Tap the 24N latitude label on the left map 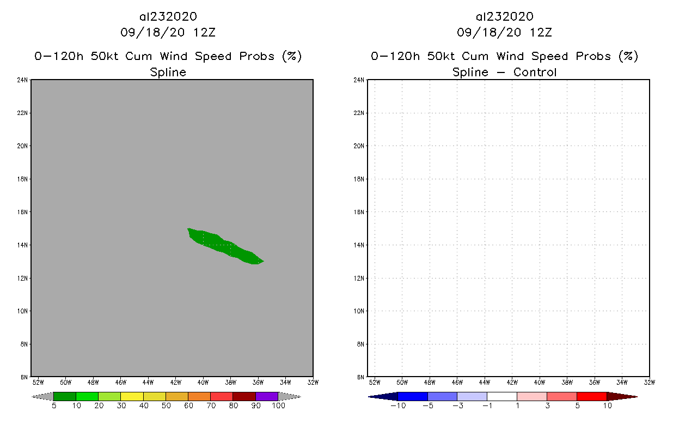pyautogui.click(x=22, y=80)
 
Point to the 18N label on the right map pyautogui.click(x=359, y=179)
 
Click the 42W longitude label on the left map pyautogui.click(x=175, y=382)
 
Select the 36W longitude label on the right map pyautogui.click(x=595, y=382)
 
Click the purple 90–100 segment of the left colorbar pyautogui.click(x=267, y=396)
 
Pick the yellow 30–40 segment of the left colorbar pyautogui.click(x=132, y=396)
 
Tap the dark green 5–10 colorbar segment pyautogui.click(x=65, y=396)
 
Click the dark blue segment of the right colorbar pyautogui.click(x=413, y=396)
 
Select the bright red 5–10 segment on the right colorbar pyautogui.click(x=591, y=396)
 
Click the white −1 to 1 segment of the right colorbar pyautogui.click(x=502, y=396)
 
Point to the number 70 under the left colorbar pyautogui.click(x=211, y=405)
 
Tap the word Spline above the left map pyautogui.click(x=168, y=72)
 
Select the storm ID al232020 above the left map pyautogui.click(x=168, y=17)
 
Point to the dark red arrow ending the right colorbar pyautogui.click(x=621, y=396)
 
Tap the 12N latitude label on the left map pyautogui.click(x=22, y=278)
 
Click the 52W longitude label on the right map pyautogui.click(x=374, y=382)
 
